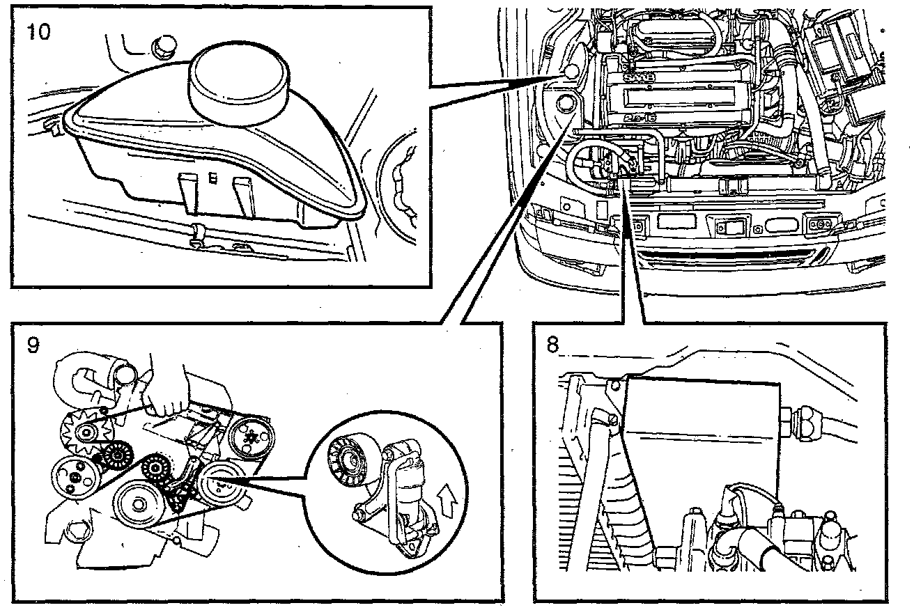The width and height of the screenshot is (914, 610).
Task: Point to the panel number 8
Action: [x=553, y=346]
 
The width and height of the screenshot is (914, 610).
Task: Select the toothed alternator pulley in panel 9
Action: [x=85, y=433]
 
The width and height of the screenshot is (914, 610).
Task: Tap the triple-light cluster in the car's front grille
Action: [x=819, y=224]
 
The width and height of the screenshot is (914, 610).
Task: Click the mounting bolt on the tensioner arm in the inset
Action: [x=359, y=515]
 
